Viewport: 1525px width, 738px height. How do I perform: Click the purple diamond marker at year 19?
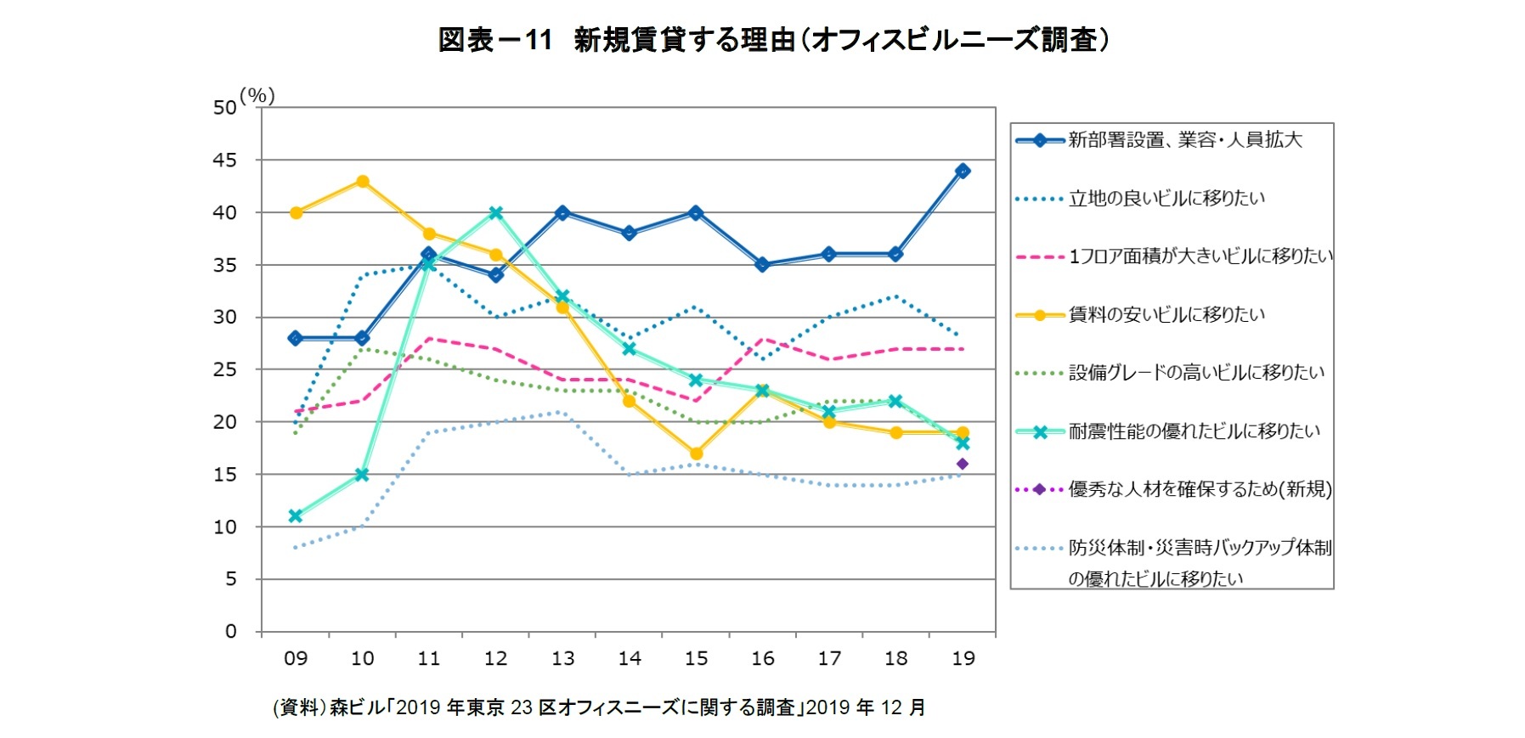tap(962, 464)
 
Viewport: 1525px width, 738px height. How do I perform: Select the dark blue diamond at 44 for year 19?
tap(962, 171)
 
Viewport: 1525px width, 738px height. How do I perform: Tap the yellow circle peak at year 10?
tap(363, 181)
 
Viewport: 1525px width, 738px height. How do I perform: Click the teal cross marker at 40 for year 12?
tap(496, 212)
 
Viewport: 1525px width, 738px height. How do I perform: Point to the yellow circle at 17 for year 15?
tap(696, 454)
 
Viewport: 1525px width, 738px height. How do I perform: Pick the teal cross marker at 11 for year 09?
tap(296, 515)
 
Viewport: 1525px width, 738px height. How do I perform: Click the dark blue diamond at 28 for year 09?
tap(296, 338)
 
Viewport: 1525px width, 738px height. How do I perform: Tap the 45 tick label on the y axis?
tap(224, 161)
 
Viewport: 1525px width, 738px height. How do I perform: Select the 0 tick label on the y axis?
tap(230, 631)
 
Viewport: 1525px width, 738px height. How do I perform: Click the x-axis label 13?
tap(562, 658)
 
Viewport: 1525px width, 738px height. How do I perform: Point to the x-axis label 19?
tap(963, 658)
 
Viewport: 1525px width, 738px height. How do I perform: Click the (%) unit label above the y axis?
tap(257, 95)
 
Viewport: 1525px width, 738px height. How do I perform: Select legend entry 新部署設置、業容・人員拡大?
tap(1184, 140)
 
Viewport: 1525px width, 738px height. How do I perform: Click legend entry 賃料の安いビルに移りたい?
tap(1166, 315)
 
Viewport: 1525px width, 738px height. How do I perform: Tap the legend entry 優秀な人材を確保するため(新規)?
tap(1199, 489)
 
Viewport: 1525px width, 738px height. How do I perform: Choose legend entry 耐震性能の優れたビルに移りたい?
tap(1194, 431)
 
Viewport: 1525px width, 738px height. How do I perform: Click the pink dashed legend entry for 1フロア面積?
tap(1200, 256)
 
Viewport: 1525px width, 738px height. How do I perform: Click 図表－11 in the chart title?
tap(494, 39)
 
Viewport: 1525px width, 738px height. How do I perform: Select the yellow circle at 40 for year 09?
tap(296, 212)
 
